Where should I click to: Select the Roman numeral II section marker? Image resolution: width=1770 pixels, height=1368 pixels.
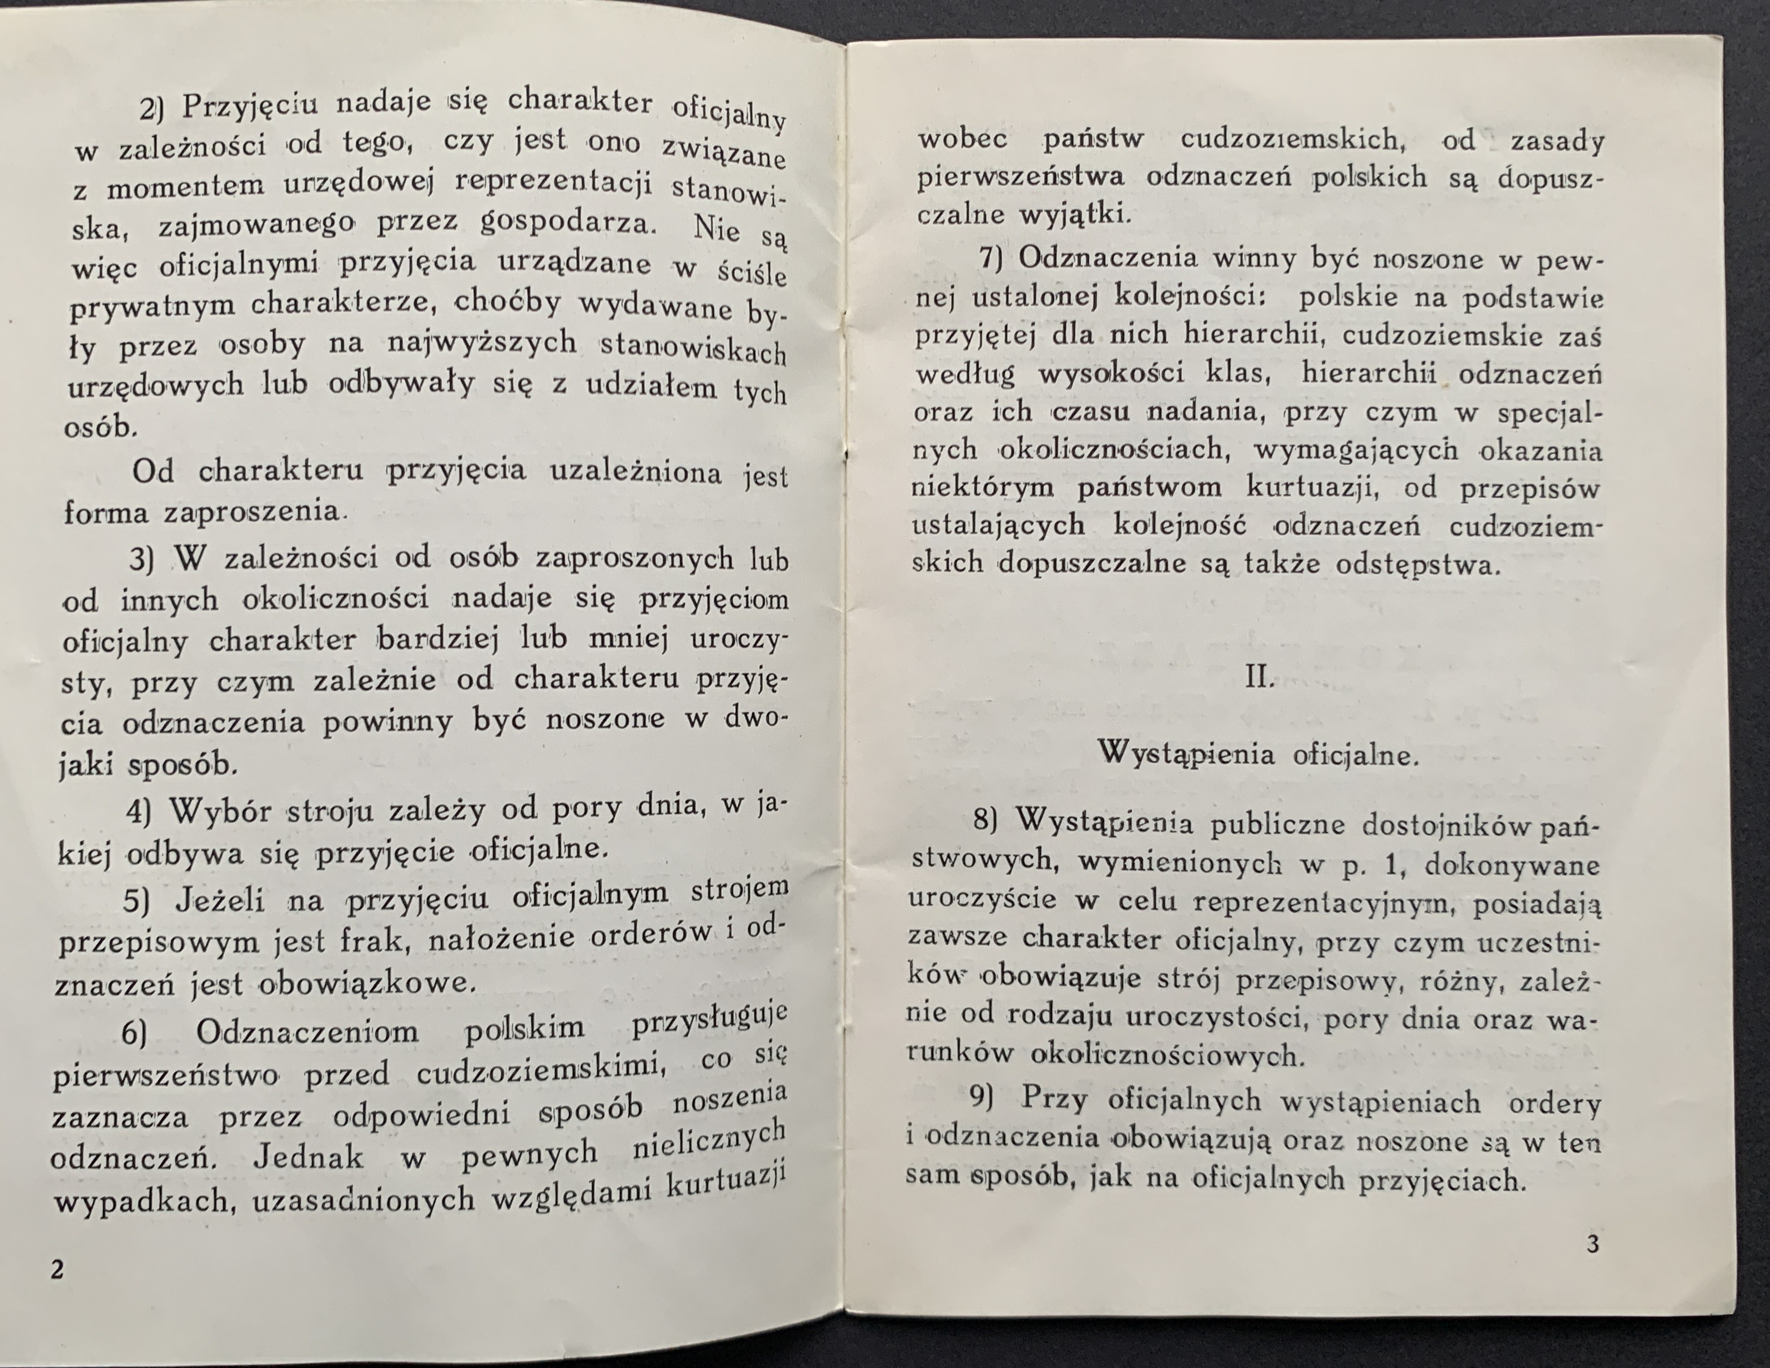[1259, 677]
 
